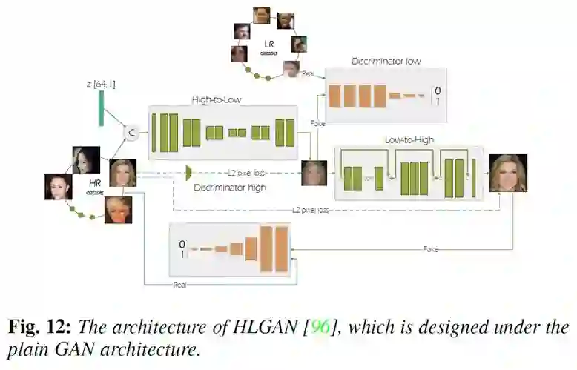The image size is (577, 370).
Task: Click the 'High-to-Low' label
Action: pyautogui.click(x=217, y=99)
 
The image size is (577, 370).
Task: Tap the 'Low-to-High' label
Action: pyautogui.click(x=409, y=139)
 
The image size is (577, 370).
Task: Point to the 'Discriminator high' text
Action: pyautogui.click(x=230, y=188)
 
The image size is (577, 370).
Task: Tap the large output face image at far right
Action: pyautogui.click(x=508, y=173)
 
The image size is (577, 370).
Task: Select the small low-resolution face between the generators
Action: pyautogui.click(x=314, y=173)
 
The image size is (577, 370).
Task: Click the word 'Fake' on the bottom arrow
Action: pyautogui.click(x=431, y=249)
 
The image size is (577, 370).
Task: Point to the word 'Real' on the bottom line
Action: pyautogui.click(x=179, y=285)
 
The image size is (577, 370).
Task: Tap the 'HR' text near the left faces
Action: pyautogui.click(x=95, y=182)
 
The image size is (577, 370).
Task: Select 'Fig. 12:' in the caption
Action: pyautogui.click(x=39, y=328)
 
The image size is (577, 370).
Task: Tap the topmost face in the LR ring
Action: pyautogui.click(x=261, y=15)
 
